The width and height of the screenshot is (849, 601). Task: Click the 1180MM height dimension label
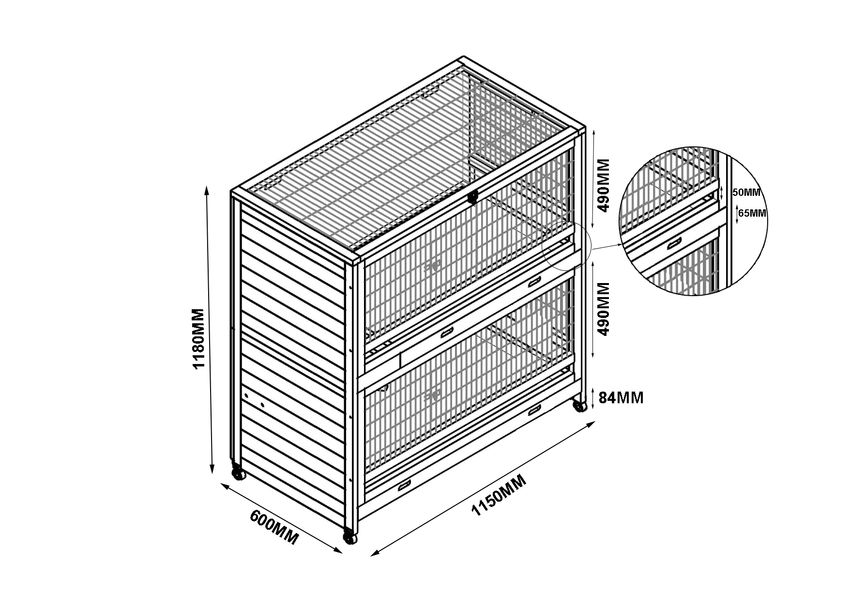point(199,338)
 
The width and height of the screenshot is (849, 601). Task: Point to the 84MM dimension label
point(621,398)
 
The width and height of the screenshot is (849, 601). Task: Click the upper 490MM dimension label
point(603,185)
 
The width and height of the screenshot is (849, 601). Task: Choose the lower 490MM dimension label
point(603,309)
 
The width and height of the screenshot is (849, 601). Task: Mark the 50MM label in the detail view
point(746,192)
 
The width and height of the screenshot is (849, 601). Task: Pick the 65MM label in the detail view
point(753,213)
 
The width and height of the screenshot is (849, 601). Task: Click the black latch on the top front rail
point(472,197)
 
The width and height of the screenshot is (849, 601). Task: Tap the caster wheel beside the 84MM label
point(580,405)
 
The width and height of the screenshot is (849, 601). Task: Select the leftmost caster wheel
point(238,473)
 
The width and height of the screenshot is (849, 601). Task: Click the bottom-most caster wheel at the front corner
point(349,536)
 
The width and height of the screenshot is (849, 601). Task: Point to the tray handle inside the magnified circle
point(674,243)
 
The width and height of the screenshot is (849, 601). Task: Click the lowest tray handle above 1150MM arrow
point(404,485)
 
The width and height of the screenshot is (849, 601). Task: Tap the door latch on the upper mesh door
point(431,266)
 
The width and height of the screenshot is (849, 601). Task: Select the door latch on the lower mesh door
point(431,396)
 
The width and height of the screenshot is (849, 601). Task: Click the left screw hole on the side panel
point(246,396)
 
